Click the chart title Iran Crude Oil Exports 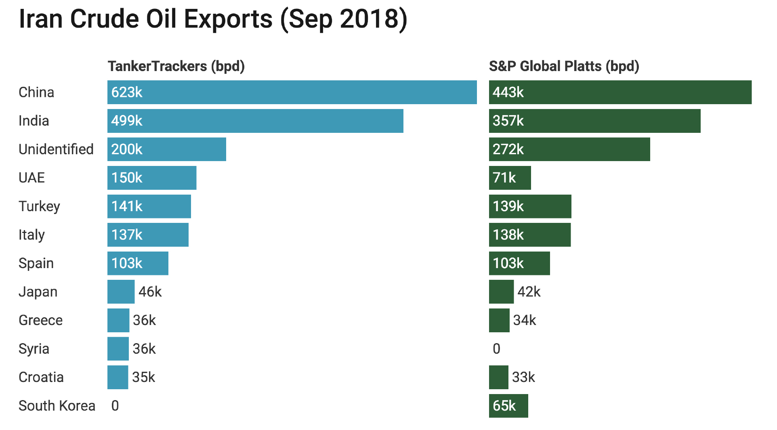click(x=213, y=19)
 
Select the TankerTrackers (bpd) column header click(x=176, y=66)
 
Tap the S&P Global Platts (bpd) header click(x=564, y=66)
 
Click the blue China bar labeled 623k click(x=292, y=92)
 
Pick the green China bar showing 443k click(x=620, y=92)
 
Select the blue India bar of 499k click(x=255, y=121)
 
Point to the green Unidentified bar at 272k click(x=569, y=149)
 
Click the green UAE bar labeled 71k click(x=510, y=178)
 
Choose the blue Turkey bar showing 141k click(x=149, y=206)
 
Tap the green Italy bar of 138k click(x=530, y=235)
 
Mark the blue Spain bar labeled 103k click(x=138, y=263)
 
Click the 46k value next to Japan click(x=150, y=292)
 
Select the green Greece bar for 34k click(x=499, y=320)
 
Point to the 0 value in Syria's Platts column click(x=496, y=349)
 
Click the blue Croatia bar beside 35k click(x=118, y=377)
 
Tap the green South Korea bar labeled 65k click(x=508, y=406)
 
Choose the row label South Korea click(x=57, y=406)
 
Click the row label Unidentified click(x=56, y=149)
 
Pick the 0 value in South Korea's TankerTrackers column click(x=115, y=406)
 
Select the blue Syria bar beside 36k click(x=118, y=349)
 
